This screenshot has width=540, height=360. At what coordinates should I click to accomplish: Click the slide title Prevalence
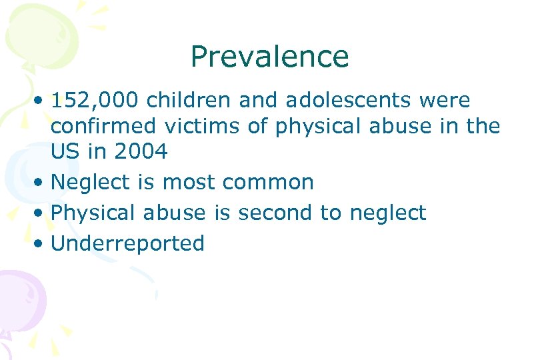pos(269,57)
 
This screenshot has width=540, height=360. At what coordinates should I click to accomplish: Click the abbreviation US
pos(65,152)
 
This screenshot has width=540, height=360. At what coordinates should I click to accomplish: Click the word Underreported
pos(127,243)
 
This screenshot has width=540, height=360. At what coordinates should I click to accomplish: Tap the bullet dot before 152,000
pos(41,103)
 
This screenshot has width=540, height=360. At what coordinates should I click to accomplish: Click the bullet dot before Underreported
pos(41,244)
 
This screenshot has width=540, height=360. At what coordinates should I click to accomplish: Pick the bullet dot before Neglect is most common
pos(41,183)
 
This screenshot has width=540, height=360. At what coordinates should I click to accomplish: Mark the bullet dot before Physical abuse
pos(41,213)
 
